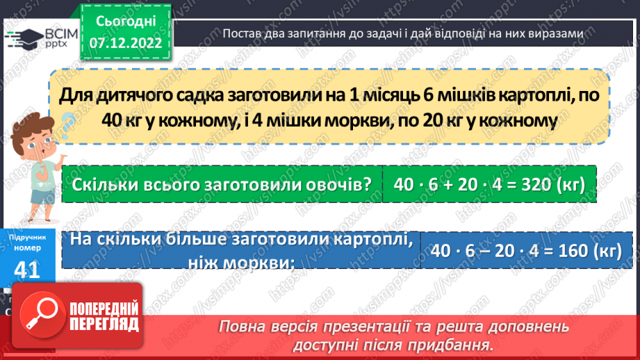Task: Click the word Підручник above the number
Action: [x=27, y=238]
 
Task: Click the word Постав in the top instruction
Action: [x=241, y=34]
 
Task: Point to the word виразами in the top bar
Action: [x=556, y=34]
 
